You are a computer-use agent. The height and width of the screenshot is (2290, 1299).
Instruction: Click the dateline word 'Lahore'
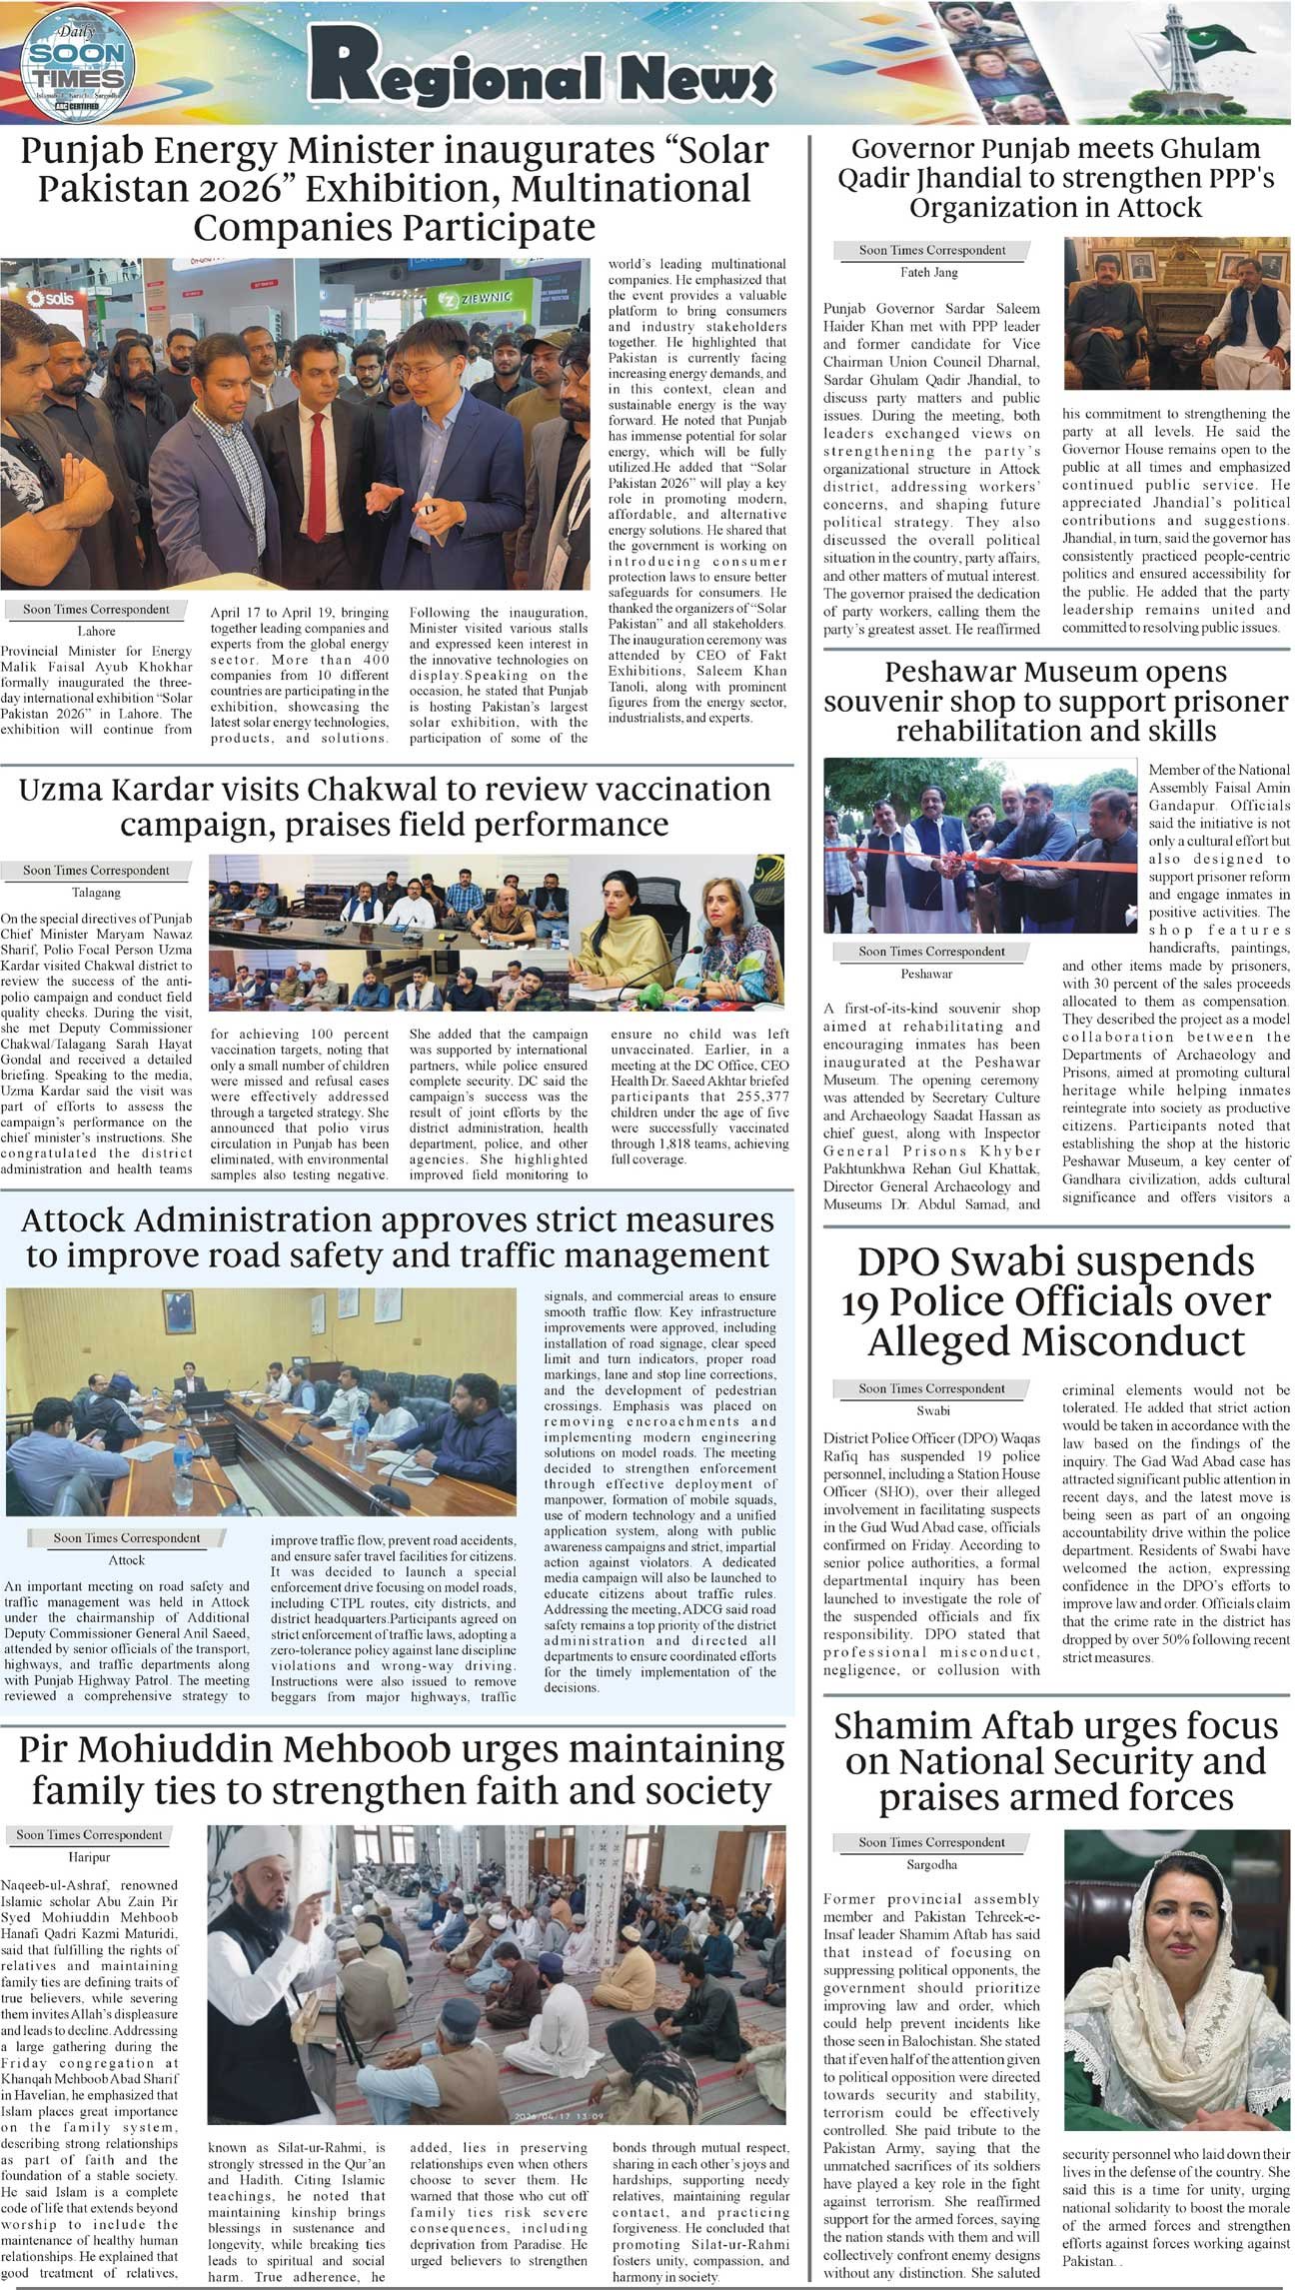96,631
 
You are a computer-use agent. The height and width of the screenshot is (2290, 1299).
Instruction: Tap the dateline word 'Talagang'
96,892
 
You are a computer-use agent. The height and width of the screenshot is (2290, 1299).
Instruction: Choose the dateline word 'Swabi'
932,1410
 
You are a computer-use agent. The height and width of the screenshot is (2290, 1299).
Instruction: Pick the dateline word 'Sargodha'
931,1865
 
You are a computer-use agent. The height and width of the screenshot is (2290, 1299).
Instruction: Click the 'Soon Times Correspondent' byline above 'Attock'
126,1538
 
